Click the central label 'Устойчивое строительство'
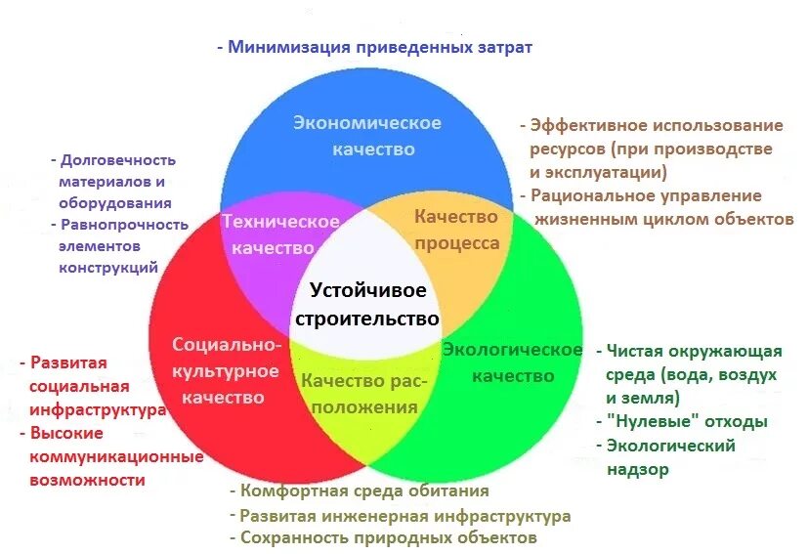pos(366,305)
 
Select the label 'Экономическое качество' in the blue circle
pos(367,136)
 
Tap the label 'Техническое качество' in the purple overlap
pos(279,234)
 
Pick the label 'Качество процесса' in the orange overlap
pos(456,230)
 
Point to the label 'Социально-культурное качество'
pos(227,370)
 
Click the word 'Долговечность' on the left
pos(118,160)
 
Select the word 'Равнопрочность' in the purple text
pos(124,224)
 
